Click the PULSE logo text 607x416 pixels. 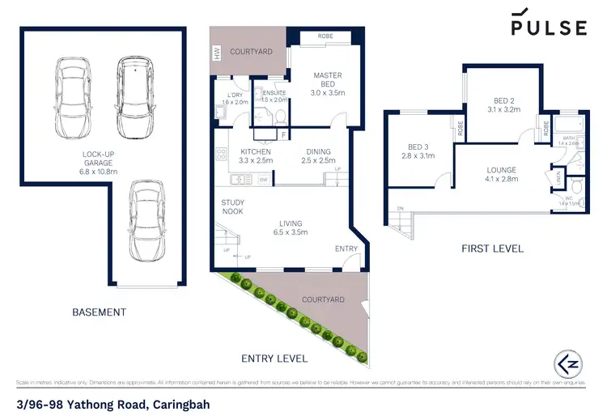[548, 28]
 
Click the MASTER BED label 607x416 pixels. [328, 80]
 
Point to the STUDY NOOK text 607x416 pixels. [234, 208]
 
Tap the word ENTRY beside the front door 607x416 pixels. [346, 248]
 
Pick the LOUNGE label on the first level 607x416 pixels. [501, 174]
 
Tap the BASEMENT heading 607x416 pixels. [99, 312]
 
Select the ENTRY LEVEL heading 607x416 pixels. [274, 358]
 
